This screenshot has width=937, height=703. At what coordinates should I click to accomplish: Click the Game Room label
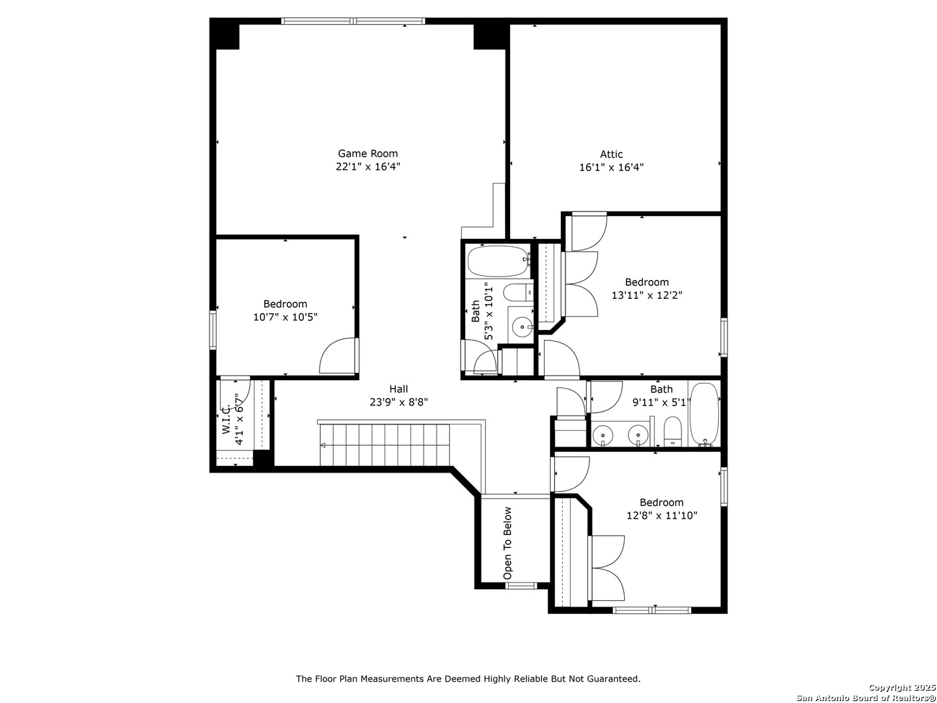coord(368,153)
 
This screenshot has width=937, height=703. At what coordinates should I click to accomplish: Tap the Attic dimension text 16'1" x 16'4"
coord(611,167)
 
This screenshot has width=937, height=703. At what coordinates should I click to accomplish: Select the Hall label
coord(398,389)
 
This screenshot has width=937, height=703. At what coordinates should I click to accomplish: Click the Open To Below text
coord(507,543)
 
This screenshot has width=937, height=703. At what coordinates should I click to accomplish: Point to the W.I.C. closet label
coord(226,420)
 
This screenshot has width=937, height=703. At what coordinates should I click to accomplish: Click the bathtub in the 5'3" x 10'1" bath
coord(498,261)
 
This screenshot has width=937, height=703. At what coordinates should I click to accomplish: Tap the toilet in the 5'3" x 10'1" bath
coord(518,292)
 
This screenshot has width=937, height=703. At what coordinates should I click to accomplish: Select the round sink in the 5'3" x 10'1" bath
coord(522,327)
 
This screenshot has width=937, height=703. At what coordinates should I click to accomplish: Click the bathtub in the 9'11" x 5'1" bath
coord(704,414)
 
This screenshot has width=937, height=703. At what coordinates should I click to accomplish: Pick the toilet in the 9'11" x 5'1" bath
coord(672,432)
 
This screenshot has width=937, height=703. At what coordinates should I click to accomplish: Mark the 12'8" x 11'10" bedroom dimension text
coord(661,516)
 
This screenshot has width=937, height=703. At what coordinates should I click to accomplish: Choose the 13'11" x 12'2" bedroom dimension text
coord(647,295)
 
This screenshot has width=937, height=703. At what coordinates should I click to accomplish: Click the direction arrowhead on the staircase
coord(323,445)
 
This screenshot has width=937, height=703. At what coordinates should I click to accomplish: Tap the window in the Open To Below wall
coord(521,586)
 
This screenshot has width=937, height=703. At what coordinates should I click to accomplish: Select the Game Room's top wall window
coord(353,21)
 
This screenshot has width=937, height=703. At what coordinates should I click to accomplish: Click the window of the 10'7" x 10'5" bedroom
coord(213,330)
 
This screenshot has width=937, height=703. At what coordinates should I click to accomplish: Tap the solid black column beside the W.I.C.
coord(264,458)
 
